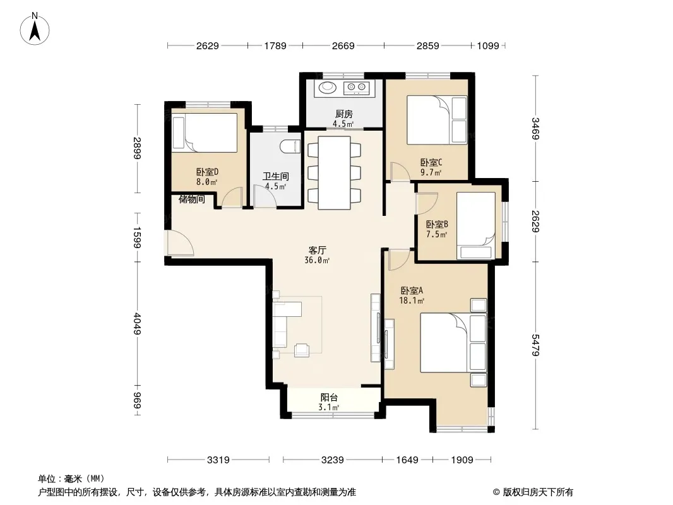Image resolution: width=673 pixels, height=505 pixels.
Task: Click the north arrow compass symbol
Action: [35, 29]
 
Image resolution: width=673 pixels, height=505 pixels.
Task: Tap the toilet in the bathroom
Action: [290, 146]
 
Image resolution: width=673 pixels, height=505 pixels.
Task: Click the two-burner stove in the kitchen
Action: [357, 88]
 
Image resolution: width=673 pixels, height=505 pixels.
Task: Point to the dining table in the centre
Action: [334, 172]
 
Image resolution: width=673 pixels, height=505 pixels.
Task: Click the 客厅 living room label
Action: [317, 250]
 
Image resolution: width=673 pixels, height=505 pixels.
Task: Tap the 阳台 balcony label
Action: [329, 397]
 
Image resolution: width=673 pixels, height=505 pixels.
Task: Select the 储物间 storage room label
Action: [191, 199]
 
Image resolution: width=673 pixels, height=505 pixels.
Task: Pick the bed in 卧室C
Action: [436, 120]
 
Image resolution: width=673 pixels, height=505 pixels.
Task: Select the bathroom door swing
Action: [265, 196]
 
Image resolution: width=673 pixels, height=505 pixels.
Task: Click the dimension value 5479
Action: [534, 345]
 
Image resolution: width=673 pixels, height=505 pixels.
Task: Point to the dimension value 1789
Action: [275, 45]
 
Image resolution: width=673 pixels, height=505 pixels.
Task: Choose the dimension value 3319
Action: [218, 460]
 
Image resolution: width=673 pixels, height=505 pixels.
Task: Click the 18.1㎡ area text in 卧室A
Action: [412, 300]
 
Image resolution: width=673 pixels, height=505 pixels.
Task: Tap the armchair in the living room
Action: [302, 350]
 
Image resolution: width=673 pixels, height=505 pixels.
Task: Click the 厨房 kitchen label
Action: [344, 114]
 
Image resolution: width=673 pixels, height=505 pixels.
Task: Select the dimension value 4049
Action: [137, 323]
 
